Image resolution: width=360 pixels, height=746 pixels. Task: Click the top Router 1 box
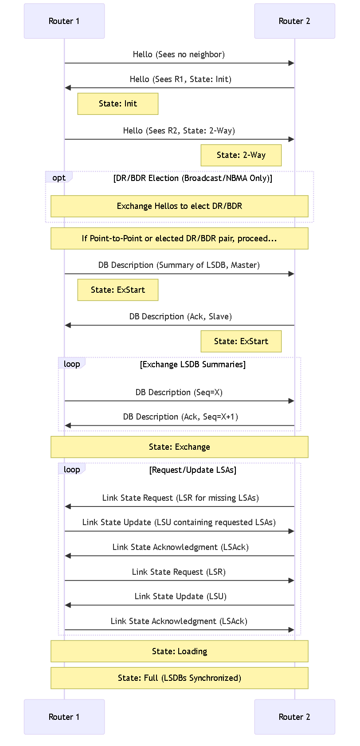pyautogui.click(x=64, y=21)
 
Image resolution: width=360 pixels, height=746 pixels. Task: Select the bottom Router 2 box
pyautogui.click(x=295, y=717)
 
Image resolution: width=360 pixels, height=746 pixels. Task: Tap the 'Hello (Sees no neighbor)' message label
pyautogui.click(x=179, y=54)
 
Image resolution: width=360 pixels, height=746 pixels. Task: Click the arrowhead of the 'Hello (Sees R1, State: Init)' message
pyautogui.click(x=67, y=87)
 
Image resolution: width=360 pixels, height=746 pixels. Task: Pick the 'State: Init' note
pyautogui.click(x=118, y=104)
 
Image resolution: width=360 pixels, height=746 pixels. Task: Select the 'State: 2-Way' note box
pyautogui.click(x=241, y=155)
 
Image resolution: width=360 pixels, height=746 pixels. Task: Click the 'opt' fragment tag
pyautogui.click(x=59, y=177)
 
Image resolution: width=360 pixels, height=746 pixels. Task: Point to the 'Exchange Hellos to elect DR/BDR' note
pyautogui.click(x=180, y=206)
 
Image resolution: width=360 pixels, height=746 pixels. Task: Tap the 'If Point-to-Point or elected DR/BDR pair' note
pyautogui.click(x=180, y=239)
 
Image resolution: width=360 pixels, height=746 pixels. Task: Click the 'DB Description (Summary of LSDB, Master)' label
pyautogui.click(x=179, y=265)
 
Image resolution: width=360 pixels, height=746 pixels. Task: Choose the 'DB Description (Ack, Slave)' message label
pyautogui.click(x=180, y=316)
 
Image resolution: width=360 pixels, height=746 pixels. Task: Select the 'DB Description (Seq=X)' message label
pyautogui.click(x=179, y=393)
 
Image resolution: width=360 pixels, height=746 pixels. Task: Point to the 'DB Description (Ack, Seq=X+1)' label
pyautogui.click(x=180, y=417)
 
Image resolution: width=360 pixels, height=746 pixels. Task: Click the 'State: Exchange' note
pyautogui.click(x=180, y=447)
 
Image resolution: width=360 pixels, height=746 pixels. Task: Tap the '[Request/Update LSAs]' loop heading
pyautogui.click(x=193, y=470)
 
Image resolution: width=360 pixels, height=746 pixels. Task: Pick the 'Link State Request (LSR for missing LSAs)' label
pyautogui.click(x=180, y=498)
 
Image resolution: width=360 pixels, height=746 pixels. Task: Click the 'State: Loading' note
pyautogui.click(x=180, y=652)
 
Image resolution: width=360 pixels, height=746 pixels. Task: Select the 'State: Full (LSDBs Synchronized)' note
pyautogui.click(x=180, y=678)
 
